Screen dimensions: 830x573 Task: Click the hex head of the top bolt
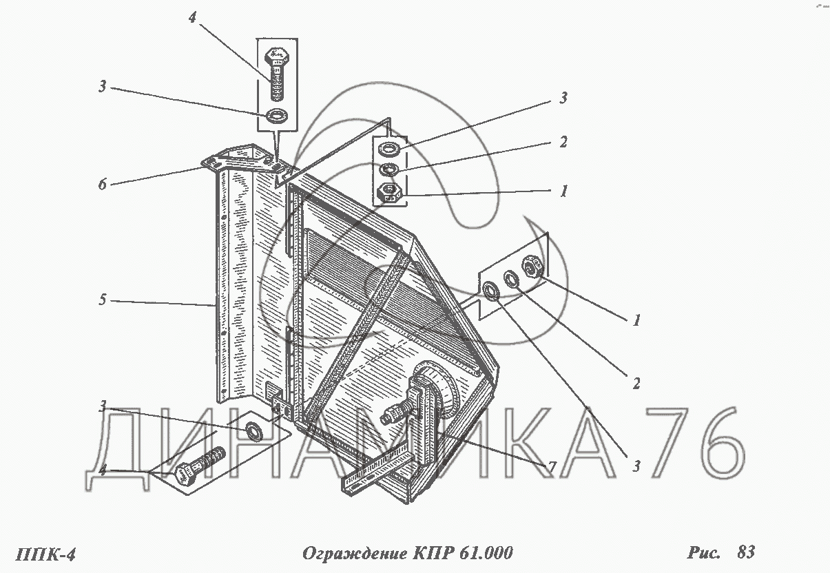coord(276,56)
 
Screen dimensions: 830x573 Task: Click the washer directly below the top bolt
coord(277,116)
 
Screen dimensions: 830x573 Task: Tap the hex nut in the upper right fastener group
coord(389,193)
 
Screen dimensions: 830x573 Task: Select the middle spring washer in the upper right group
coord(388,170)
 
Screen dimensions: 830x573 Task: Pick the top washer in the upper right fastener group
coord(388,149)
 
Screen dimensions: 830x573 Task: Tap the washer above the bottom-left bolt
coord(253,430)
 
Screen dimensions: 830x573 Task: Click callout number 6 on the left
coord(103,184)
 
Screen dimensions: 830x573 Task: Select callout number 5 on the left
coord(103,300)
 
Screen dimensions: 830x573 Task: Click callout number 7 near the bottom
coord(552,467)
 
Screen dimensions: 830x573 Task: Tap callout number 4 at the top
coord(192,17)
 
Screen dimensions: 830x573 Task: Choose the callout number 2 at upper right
coord(563,142)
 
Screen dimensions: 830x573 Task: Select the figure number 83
coord(745,552)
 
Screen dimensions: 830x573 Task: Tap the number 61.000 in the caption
coord(486,553)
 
